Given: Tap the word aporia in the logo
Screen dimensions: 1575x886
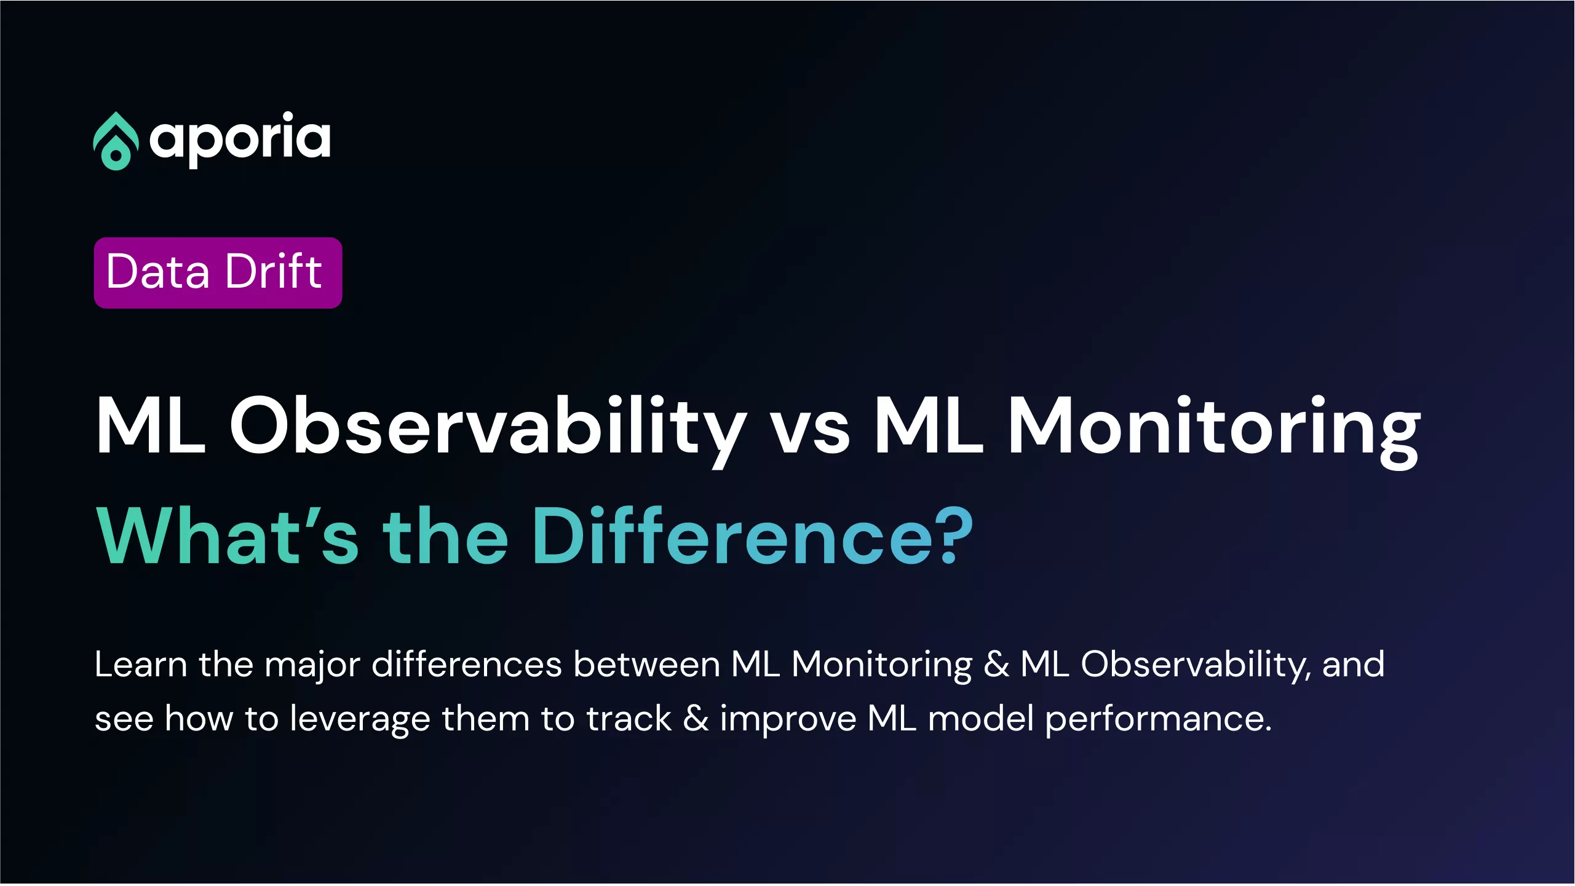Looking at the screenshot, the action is (240, 140).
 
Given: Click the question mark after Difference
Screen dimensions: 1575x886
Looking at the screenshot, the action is (954, 535).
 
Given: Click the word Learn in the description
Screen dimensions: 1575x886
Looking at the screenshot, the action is (141, 665).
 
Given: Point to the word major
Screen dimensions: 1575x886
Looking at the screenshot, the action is (312, 666).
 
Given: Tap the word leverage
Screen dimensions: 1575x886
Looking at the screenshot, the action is (360, 720).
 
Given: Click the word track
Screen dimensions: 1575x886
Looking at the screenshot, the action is (629, 719).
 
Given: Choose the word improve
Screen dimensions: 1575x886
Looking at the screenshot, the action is (788, 720).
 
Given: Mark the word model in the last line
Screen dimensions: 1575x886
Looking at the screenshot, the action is (980, 719).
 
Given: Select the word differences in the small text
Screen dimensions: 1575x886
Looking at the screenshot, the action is (467, 665).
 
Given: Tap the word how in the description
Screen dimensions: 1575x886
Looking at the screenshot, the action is (199, 719).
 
